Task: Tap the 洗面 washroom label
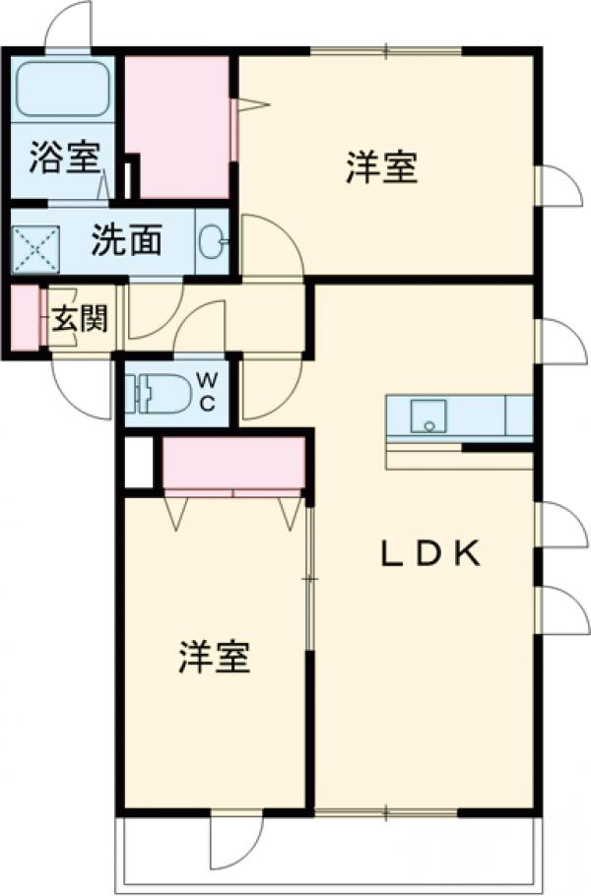tap(127, 240)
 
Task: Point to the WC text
tap(208, 391)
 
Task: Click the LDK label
tap(431, 555)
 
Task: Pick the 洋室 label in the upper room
tap(381, 166)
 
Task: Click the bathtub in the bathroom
tap(64, 90)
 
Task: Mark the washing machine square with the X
tap(36, 246)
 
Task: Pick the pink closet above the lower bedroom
tap(232, 462)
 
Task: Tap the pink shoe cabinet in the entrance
tap(24, 318)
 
